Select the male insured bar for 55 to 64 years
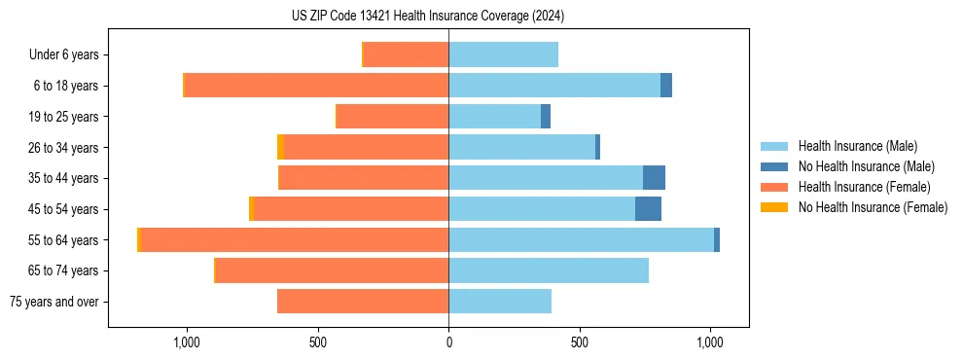[581, 239]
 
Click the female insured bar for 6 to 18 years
[316, 86]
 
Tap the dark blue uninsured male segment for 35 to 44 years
[654, 178]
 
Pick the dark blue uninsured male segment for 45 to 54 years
[648, 208]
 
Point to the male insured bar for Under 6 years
[503, 54]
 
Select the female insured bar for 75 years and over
[363, 301]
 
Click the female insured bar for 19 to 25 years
[392, 117]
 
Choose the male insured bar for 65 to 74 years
[549, 270]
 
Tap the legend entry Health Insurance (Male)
[857, 146]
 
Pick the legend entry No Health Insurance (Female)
[873, 207]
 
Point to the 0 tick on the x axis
[448, 342]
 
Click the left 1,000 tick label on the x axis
[187, 342]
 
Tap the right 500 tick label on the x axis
[580, 342]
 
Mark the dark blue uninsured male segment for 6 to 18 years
[666, 86]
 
